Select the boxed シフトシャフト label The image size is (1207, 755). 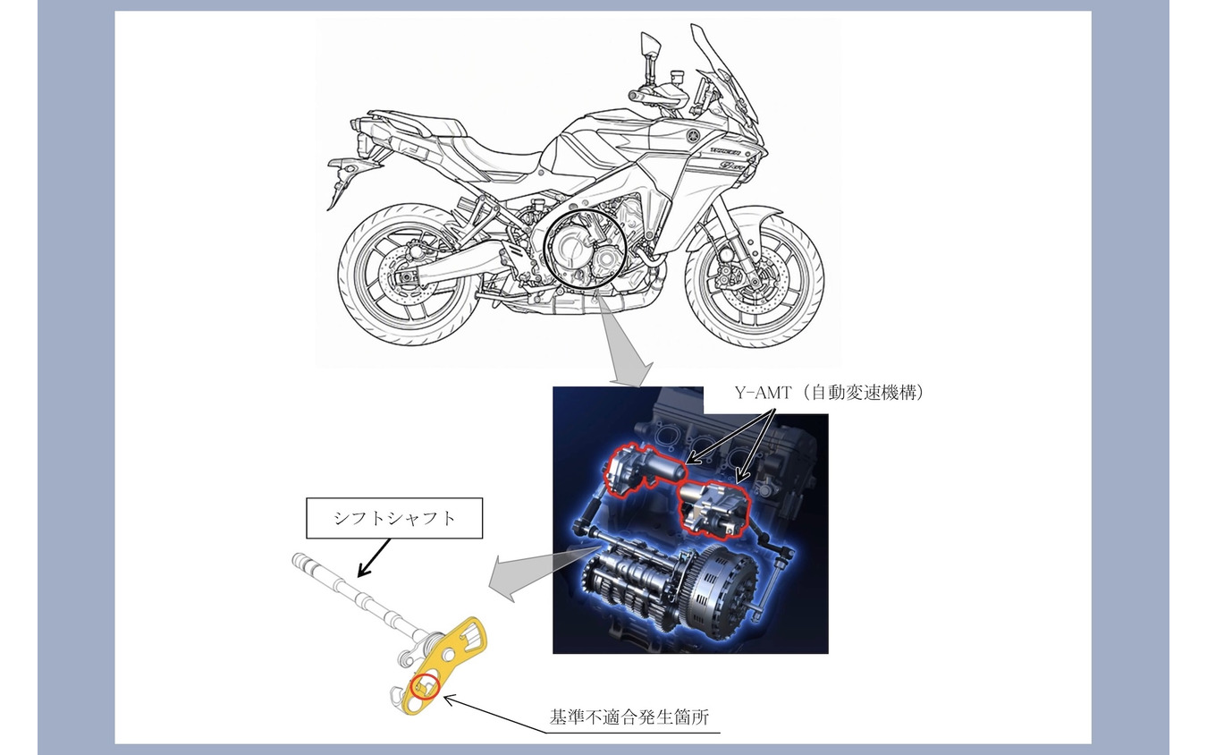(x=394, y=518)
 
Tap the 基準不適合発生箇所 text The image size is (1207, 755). (x=629, y=717)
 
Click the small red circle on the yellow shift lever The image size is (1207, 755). (x=426, y=687)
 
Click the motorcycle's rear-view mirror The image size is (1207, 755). (x=650, y=44)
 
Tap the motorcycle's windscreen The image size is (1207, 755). (x=725, y=75)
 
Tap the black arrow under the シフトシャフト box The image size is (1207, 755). (x=374, y=557)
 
